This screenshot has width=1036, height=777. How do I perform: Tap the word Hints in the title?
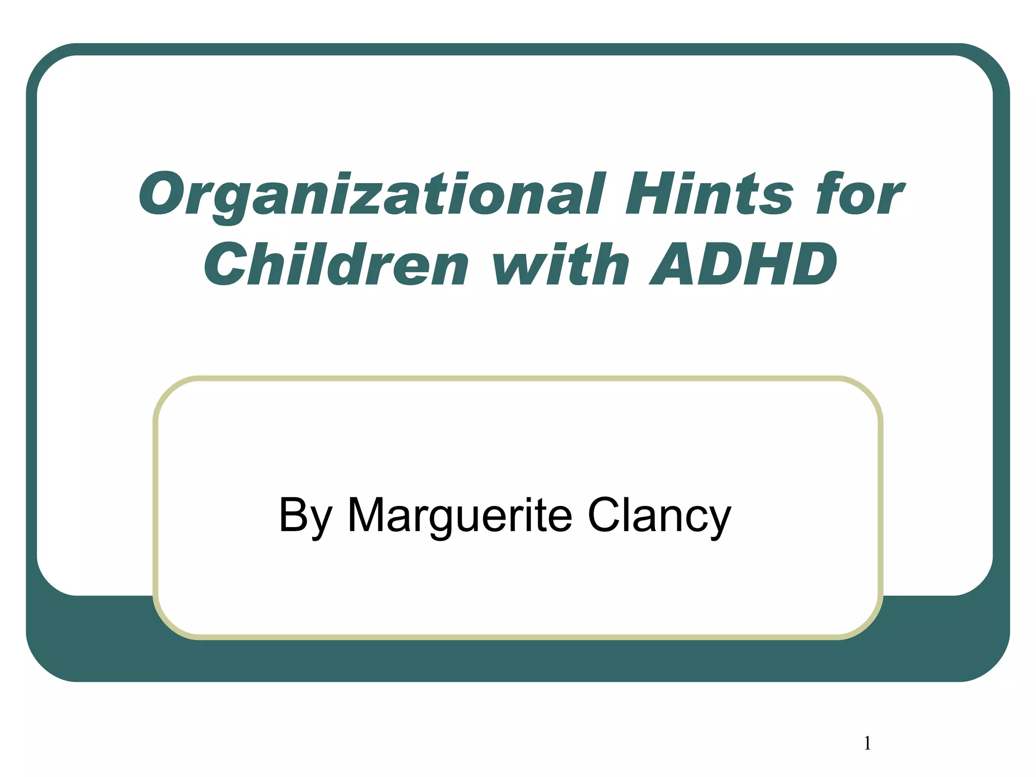[708, 194]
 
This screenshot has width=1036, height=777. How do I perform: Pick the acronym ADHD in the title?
[743, 264]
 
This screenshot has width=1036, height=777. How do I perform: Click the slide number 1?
[867, 743]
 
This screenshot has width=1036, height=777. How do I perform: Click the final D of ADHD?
[809, 264]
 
